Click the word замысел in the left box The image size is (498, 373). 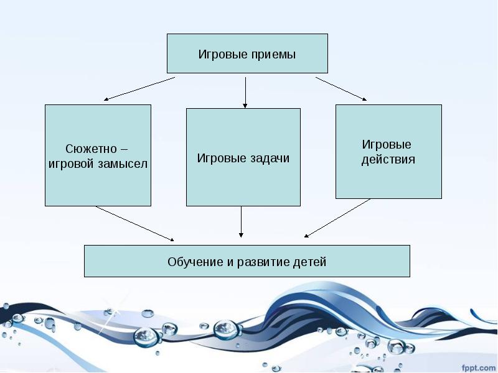click(x=125, y=164)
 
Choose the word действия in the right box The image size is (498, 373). click(x=388, y=159)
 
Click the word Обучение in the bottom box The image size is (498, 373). click(x=194, y=261)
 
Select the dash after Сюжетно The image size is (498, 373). click(x=123, y=149)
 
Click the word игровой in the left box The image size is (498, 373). click(x=71, y=164)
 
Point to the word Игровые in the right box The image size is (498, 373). click(x=387, y=144)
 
